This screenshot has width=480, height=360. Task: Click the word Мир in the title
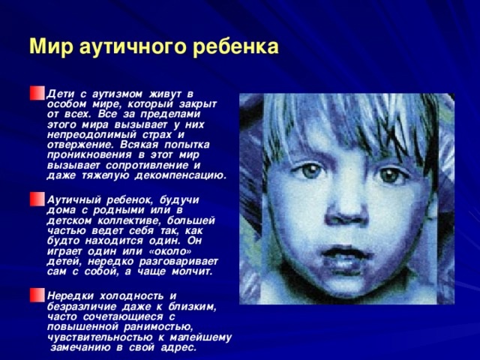coord(52,46)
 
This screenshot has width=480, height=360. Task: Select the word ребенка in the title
coord(235,47)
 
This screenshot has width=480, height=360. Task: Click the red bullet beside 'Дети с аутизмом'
coord(37,93)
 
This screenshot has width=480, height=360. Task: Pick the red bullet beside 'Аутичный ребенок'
coord(37,199)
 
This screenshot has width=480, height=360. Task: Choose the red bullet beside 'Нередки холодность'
coord(37,295)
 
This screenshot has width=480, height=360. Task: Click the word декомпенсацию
coord(181,176)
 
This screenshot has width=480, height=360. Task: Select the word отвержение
coord(80,145)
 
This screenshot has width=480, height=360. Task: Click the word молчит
coord(192,271)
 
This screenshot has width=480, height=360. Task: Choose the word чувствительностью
coord(100,337)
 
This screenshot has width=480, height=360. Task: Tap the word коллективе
coord(129,220)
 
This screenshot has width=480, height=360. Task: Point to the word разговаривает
coord(178,262)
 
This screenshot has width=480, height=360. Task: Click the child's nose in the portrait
coord(346,211)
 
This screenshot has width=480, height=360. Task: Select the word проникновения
coord(89,155)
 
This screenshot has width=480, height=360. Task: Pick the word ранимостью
coord(158,328)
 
